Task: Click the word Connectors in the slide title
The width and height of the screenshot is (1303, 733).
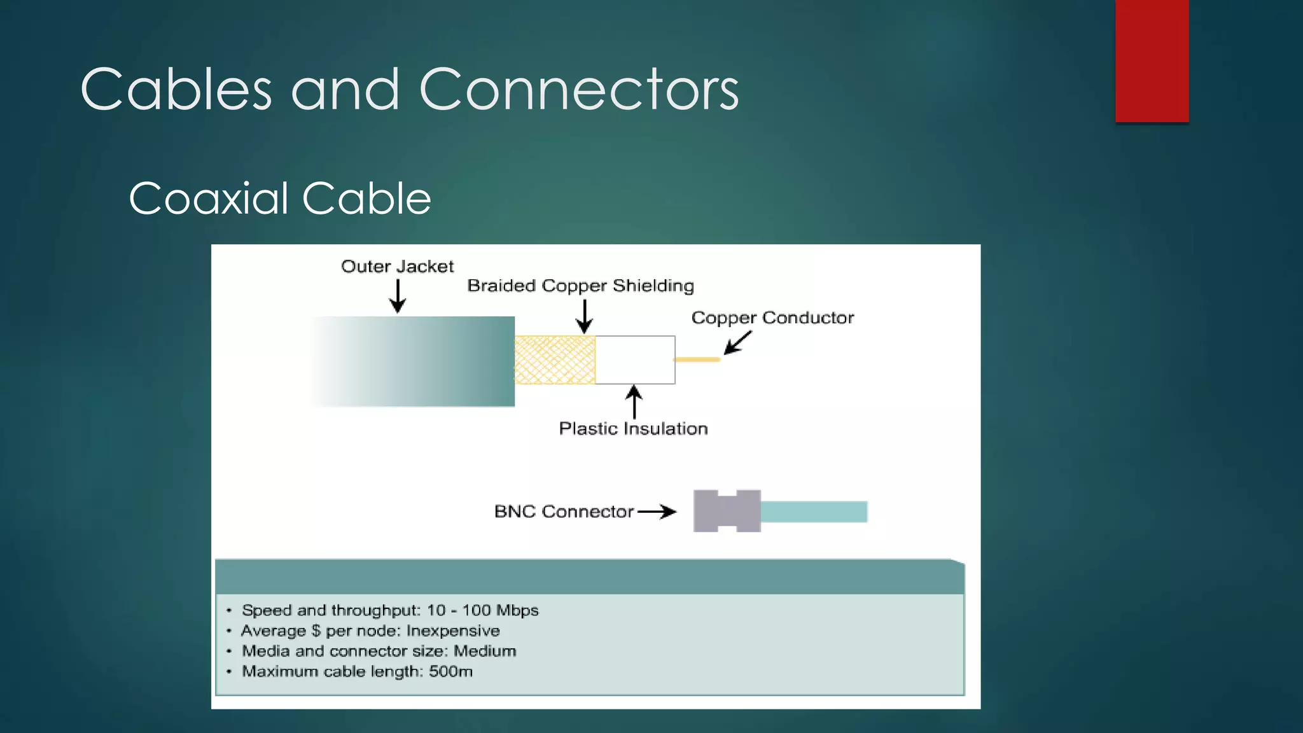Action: (579, 90)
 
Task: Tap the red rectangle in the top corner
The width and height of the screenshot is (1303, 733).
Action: (1152, 60)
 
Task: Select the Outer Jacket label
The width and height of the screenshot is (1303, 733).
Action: (397, 267)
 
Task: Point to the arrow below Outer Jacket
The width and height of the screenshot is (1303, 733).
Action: (398, 297)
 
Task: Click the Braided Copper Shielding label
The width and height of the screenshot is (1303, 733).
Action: (580, 286)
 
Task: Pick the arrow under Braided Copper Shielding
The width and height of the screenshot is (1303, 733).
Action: (584, 317)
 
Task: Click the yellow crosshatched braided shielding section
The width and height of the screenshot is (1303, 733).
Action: (555, 360)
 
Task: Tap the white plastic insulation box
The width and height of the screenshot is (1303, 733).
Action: (635, 360)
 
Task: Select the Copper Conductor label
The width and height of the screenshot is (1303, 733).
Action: (772, 318)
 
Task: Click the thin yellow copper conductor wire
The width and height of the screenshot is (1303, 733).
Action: (697, 360)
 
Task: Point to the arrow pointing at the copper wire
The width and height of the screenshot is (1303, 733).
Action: (737, 343)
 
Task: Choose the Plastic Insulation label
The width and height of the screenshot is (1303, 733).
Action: (633, 429)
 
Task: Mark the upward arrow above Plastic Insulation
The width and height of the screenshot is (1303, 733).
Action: (634, 401)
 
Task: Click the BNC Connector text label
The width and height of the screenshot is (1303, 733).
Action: (564, 512)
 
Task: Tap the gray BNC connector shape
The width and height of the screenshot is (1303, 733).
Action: (727, 511)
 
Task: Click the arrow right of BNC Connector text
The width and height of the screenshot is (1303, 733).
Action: (657, 512)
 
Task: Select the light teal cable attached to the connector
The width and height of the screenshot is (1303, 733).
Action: (814, 512)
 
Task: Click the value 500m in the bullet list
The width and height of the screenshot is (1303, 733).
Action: (450, 671)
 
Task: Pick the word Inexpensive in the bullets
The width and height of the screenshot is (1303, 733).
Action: (453, 631)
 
